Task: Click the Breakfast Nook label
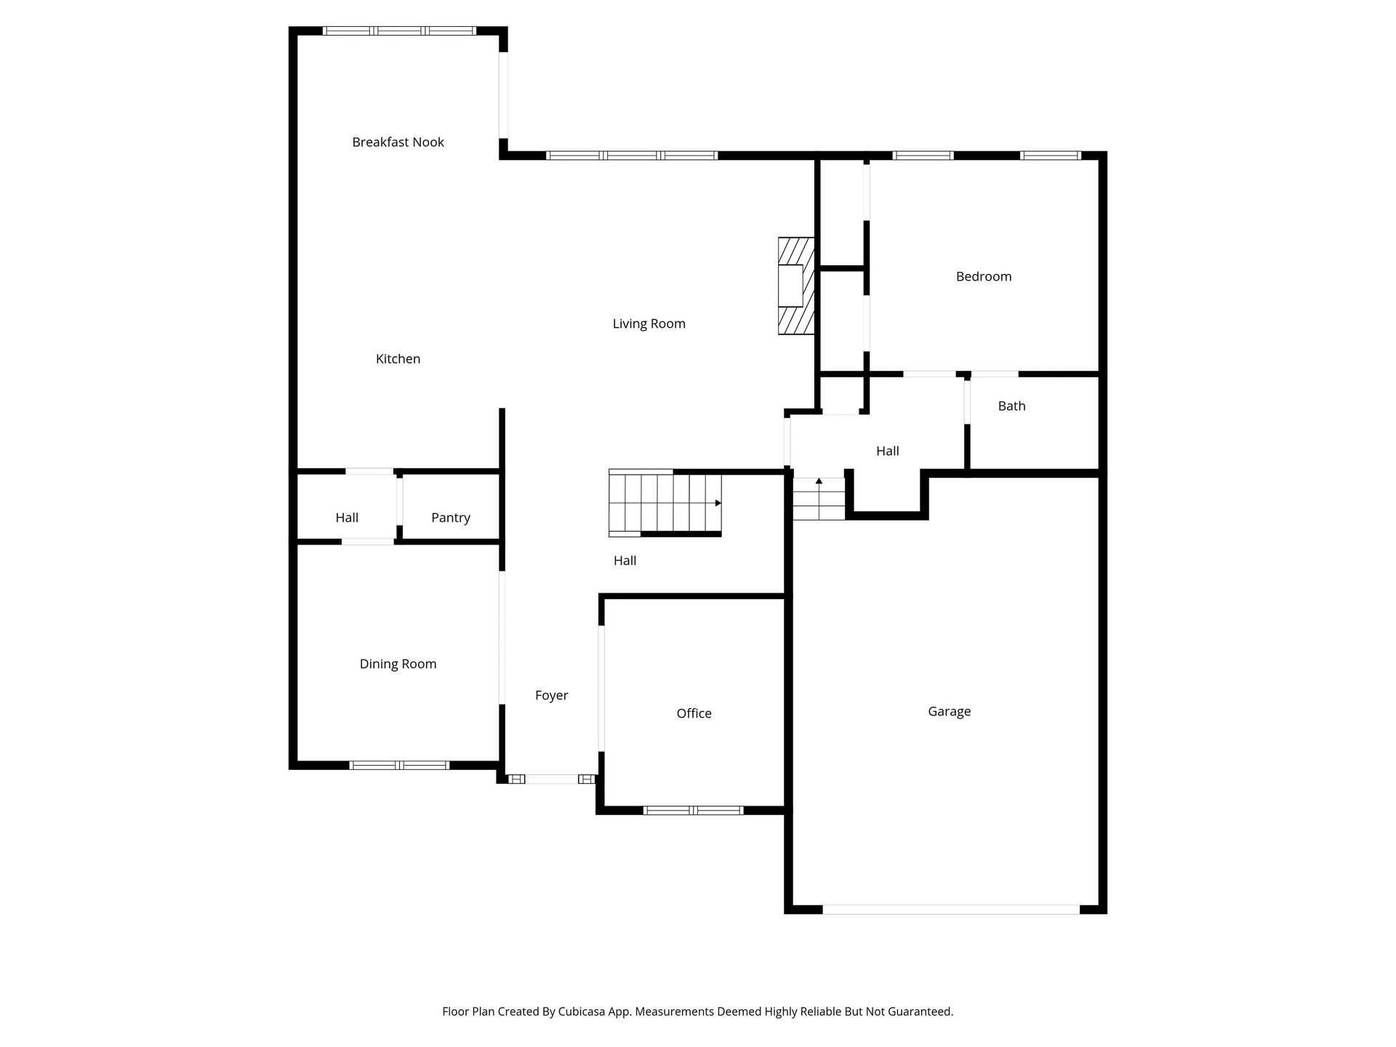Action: point(398,142)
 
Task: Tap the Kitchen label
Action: point(398,358)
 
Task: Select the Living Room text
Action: point(649,324)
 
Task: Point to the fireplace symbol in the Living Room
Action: point(796,286)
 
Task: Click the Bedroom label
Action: point(984,276)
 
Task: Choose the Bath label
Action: point(1011,406)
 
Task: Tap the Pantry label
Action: point(451,518)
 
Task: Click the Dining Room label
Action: point(398,664)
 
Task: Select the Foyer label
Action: point(551,696)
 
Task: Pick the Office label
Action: point(694,713)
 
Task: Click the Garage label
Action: point(949,712)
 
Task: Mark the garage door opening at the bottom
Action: point(951,909)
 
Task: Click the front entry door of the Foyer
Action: point(551,779)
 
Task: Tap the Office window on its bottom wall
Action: point(693,810)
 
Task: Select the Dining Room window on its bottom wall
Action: point(399,765)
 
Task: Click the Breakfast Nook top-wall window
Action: point(399,31)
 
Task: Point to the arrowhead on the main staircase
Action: point(718,502)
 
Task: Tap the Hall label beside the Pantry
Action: point(347,518)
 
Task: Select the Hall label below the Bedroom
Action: point(887,451)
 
